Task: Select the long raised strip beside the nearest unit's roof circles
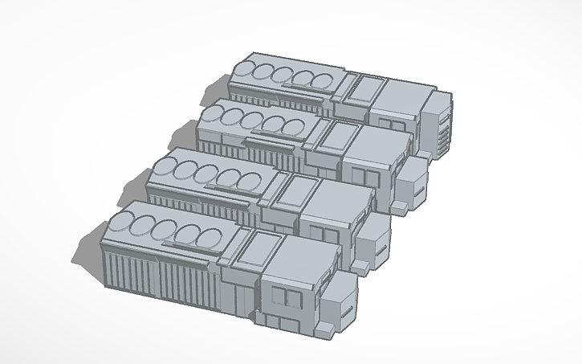[189, 243]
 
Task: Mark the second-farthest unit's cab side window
[360, 178]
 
